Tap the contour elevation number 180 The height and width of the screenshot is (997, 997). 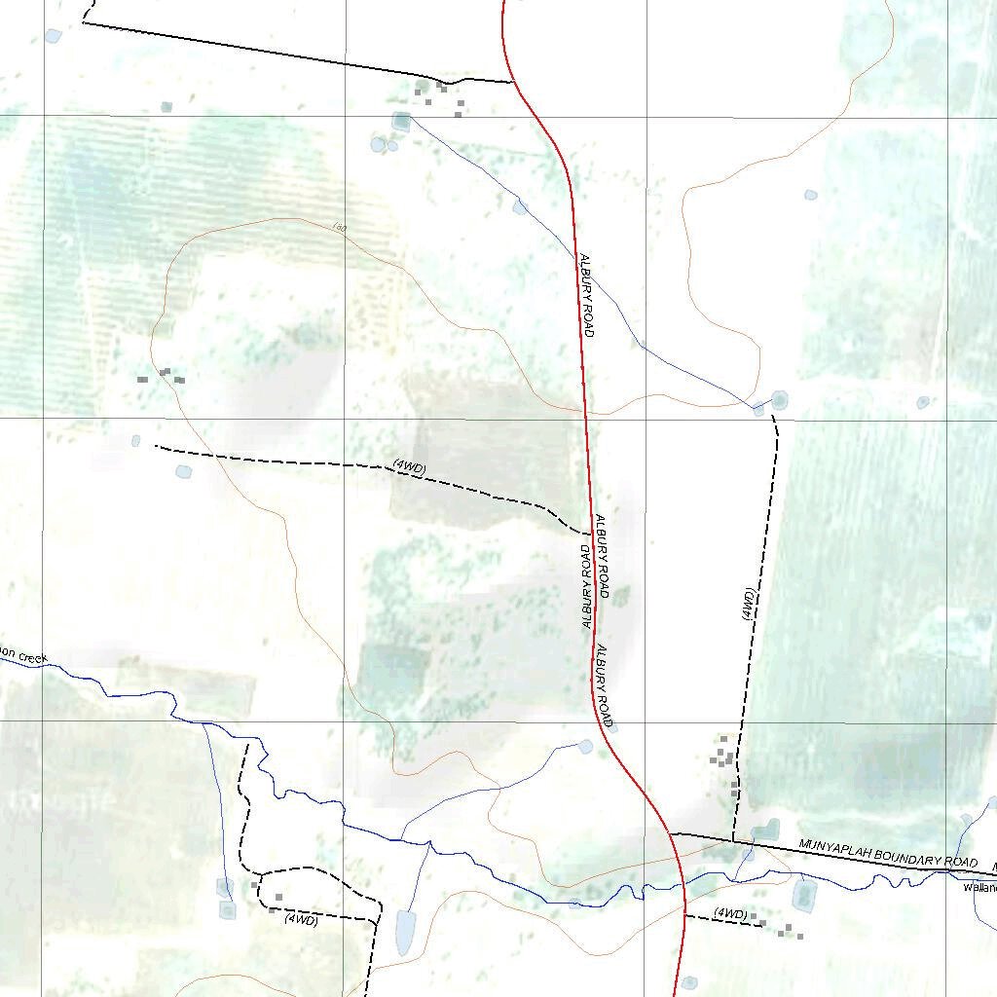pos(339,228)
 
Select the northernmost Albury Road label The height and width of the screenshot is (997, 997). pos(586,295)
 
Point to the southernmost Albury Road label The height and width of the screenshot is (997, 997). pos(605,685)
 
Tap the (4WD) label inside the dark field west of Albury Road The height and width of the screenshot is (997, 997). pos(410,467)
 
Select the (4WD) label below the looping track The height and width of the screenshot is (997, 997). pos(302,919)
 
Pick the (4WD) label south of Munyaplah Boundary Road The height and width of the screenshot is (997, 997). pos(730,913)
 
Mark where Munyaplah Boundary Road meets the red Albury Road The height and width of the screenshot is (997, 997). pos(671,834)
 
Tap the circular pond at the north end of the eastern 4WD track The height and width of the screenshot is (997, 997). pos(779,399)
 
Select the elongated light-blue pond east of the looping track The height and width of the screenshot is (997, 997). pos(405,932)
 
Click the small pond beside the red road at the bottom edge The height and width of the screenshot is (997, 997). pos(689,982)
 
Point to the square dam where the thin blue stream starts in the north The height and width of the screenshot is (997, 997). pos(401,121)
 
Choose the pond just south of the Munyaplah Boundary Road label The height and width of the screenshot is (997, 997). pos(804,894)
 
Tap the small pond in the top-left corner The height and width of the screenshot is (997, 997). pos(53,36)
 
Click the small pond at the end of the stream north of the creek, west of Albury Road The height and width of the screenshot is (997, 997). pos(585,747)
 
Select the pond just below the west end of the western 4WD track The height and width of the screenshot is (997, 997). pos(183,472)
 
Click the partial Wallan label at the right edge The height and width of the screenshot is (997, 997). pos(979,887)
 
